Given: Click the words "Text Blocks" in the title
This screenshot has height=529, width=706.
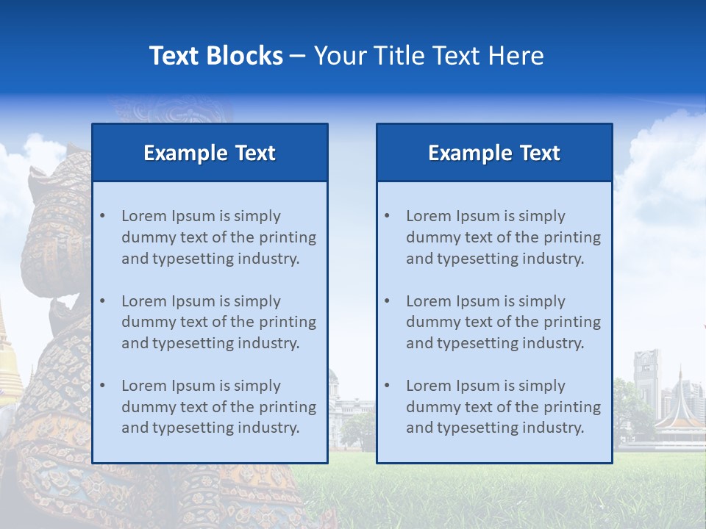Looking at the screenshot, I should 215,56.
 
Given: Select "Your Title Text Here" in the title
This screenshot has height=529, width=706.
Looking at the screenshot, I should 429,56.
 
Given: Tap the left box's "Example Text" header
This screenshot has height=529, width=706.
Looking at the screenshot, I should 210,153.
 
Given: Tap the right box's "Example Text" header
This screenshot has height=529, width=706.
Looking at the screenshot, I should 494,153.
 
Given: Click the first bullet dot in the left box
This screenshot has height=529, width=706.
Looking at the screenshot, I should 102,216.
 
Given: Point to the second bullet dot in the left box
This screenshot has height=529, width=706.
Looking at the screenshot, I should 102,301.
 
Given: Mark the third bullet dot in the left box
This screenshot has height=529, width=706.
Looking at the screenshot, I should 102,386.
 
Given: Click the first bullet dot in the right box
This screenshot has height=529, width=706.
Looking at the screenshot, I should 387,216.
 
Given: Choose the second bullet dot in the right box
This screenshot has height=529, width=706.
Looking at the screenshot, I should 387,301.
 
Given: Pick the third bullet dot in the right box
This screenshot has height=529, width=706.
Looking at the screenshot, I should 387,386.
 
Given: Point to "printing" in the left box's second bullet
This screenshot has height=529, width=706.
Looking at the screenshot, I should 290,322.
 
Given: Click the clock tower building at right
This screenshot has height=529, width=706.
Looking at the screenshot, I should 646,378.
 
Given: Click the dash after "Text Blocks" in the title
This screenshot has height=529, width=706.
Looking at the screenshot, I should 298,57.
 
